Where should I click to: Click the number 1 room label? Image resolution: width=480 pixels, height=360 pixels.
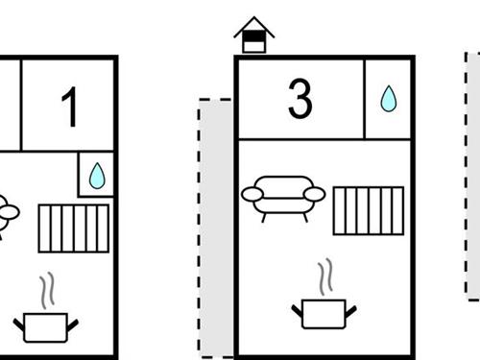click(70, 107)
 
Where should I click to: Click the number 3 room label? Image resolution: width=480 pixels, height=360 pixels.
click(300, 98)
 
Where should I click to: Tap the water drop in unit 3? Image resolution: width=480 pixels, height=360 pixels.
click(389, 99)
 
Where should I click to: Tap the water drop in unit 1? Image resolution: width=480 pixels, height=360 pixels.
click(97, 176)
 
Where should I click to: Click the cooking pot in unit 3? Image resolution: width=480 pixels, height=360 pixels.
click(324, 314)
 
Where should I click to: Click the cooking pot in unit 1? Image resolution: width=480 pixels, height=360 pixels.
click(45, 327)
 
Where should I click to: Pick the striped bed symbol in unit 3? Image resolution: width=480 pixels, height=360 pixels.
click(369, 211)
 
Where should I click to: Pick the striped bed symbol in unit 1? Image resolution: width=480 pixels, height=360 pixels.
click(74, 228)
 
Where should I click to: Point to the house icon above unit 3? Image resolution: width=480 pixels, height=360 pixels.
click(254, 35)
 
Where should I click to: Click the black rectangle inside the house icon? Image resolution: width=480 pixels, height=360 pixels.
click(254, 36)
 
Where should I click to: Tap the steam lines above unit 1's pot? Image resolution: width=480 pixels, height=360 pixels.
click(47, 291)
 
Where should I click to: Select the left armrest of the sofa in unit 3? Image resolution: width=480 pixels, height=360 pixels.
click(252, 194)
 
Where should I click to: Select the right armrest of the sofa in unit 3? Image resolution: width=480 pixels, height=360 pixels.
click(315, 194)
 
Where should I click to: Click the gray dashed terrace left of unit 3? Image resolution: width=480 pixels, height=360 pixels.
click(216, 228)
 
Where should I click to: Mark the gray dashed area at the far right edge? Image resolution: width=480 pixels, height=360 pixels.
click(472, 176)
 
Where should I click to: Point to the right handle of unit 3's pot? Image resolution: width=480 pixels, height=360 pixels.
click(351, 311)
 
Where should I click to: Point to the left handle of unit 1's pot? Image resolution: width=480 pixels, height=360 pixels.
click(19, 324)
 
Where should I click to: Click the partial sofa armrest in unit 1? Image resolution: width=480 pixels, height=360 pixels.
click(10, 212)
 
